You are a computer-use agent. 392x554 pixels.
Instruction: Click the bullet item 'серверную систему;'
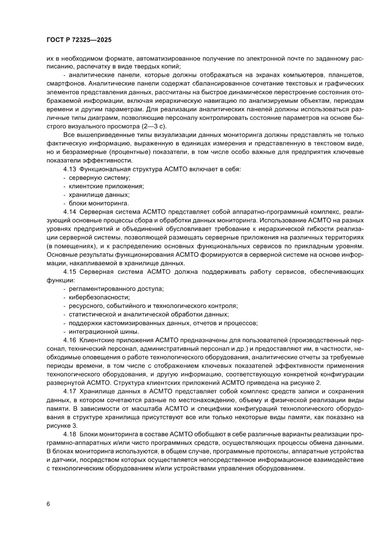point(93,178)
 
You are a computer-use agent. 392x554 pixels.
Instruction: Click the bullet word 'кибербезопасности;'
point(93,297)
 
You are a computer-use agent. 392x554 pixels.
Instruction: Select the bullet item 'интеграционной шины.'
point(97,331)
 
